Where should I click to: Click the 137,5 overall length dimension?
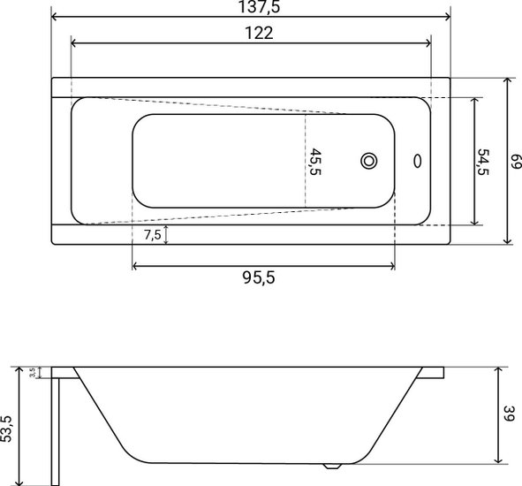click(x=260, y=7)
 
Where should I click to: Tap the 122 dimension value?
click(x=259, y=33)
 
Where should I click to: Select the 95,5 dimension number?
click(x=259, y=277)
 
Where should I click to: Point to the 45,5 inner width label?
click(x=315, y=162)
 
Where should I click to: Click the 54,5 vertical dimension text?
click(x=483, y=162)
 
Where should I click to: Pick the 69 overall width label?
click(x=517, y=162)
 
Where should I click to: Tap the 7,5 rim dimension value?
click(x=153, y=235)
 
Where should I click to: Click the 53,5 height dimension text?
click(x=6, y=429)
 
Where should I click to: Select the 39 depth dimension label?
click(x=509, y=414)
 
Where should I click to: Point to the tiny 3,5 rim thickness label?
click(x=33, y=372)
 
